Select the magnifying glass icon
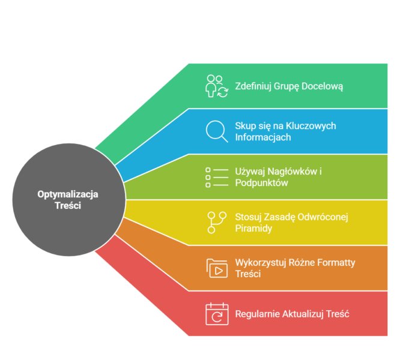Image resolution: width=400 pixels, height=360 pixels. (x=216, y=131)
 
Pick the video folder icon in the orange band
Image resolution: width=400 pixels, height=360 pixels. (x=216, y=268)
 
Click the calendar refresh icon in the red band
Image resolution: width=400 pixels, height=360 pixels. (x=216, y=314)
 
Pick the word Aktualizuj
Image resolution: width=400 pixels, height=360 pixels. (x=302, y=314)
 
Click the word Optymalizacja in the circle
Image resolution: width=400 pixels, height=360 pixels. (x=68, y=194)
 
